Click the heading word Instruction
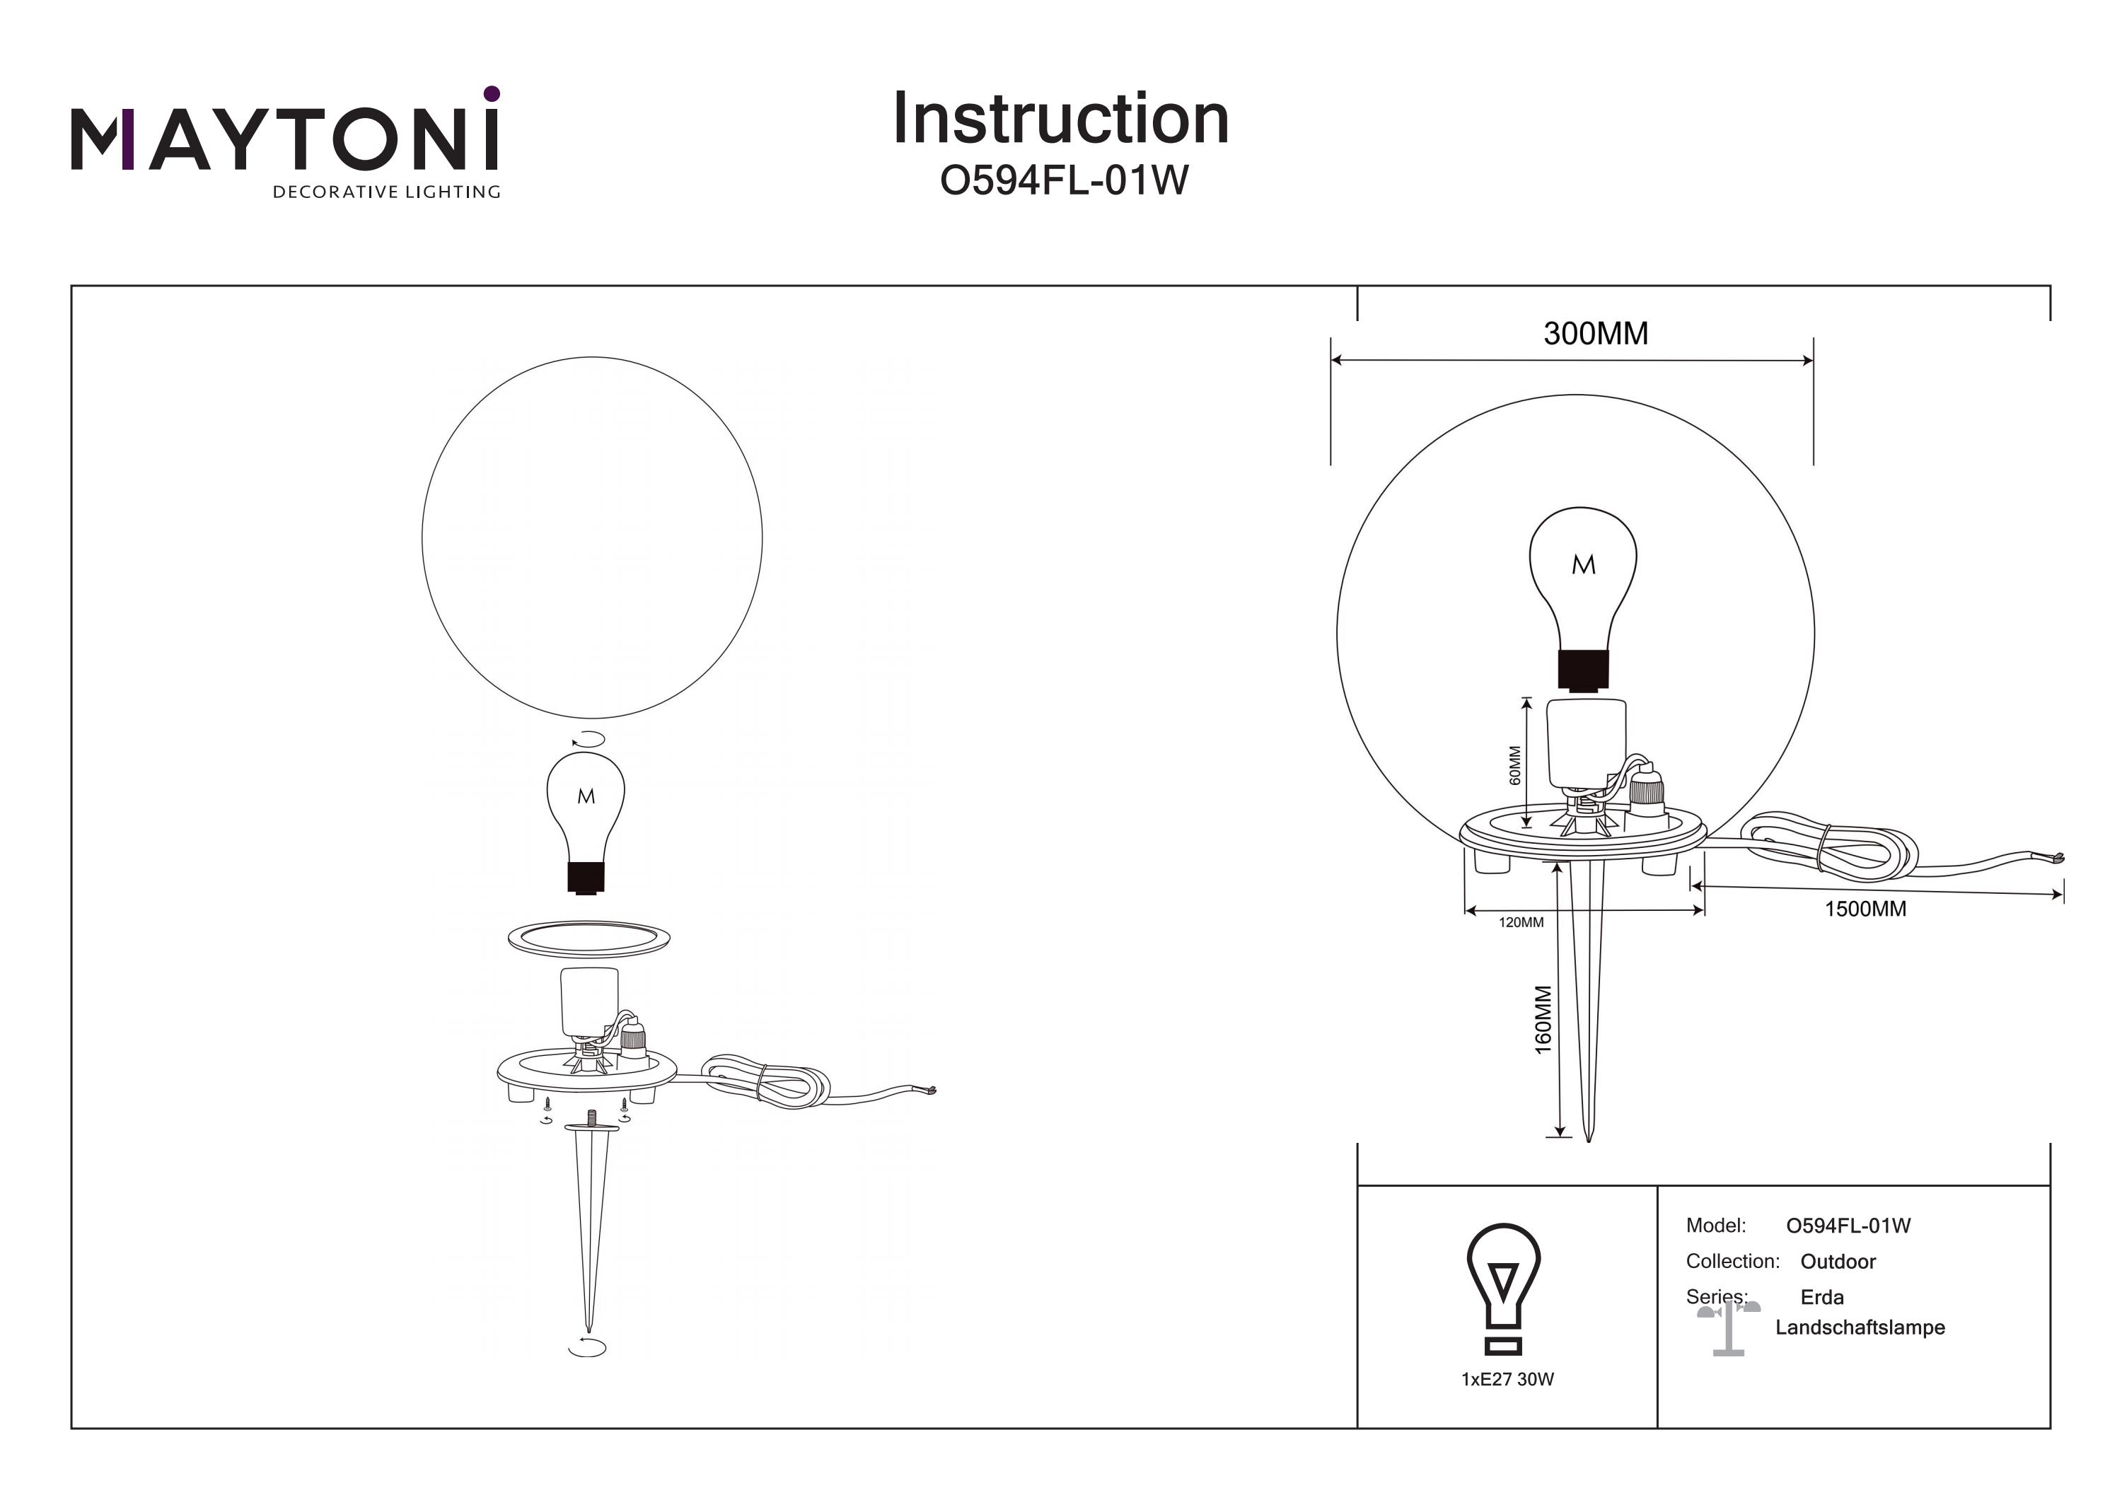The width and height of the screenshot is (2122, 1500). [x=1060, y=120]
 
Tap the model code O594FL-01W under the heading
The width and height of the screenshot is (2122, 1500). [x=1064, y=181]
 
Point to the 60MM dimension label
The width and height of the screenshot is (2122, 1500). [x=1514, y=765]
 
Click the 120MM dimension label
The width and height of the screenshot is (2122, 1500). [x=1520, y=922]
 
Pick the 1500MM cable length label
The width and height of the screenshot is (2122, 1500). [x=1865, y=909]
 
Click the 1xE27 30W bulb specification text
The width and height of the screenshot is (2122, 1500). [x=1507, y=1380]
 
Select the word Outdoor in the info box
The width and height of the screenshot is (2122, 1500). [x=1838, y=1262]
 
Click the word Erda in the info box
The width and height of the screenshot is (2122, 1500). [x=1821, y=1298]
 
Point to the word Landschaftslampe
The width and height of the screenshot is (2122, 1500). [x=1860, y=1328]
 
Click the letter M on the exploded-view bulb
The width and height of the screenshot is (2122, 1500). [x=586, y=796]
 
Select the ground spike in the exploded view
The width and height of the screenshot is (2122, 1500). [x=591, y=1220]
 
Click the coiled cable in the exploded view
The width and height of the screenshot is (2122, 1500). [x=767, y=1082]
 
